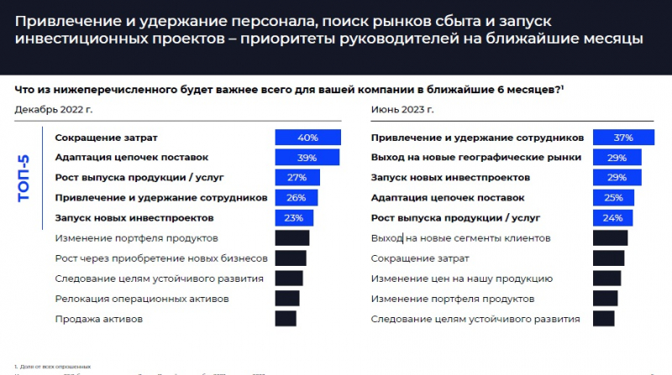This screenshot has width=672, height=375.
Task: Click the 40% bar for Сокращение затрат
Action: point(307,138)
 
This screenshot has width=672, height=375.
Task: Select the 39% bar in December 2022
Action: point(307,158)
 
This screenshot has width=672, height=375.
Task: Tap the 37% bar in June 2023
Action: point(622,138)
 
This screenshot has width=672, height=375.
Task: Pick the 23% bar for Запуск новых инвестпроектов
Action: point(294,218)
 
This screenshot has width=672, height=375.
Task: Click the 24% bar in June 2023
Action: point(612,218)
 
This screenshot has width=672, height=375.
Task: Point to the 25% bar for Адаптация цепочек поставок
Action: point(613,198)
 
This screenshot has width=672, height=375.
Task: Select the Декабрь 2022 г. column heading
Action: point(51,109)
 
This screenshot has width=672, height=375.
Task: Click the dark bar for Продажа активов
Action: point(286,319)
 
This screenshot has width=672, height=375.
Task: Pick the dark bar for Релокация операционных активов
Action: point(287,299)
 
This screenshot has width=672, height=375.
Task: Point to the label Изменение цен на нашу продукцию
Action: point(461,279)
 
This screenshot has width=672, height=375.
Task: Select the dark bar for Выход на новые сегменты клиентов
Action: point(610,238)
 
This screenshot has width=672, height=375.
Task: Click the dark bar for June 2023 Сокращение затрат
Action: point(608,258)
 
